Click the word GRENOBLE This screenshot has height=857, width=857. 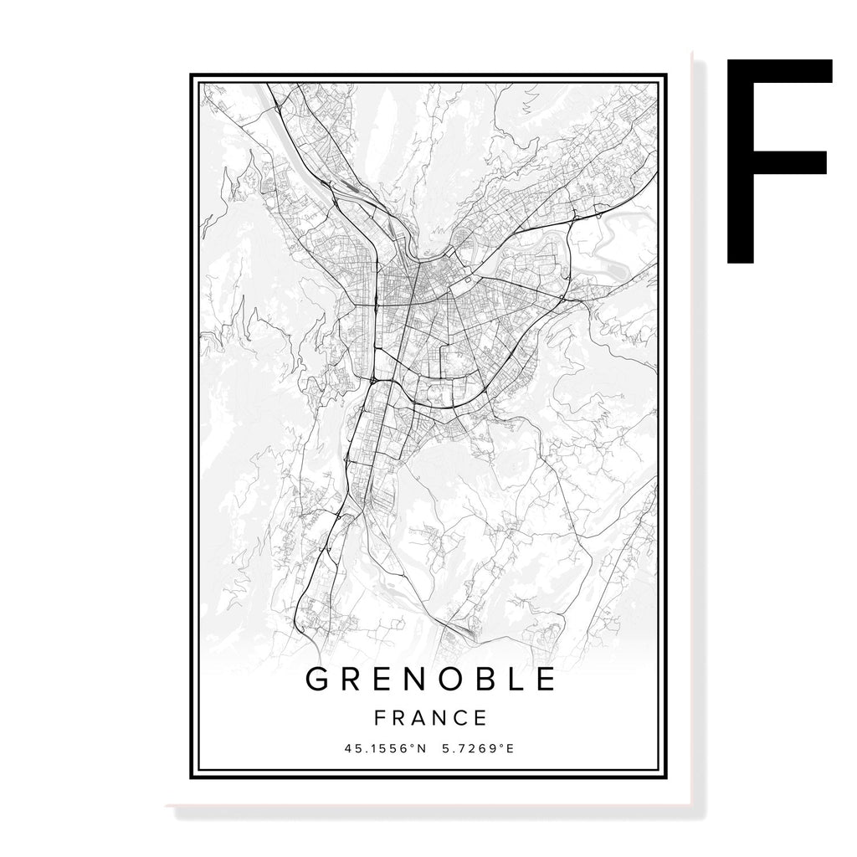click(x=430, y=680)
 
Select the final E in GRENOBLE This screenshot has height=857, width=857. click(x=546, y=680)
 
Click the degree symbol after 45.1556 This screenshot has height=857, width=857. click(x=412, y=745)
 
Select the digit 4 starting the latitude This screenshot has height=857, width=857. click(x=348, y=748)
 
